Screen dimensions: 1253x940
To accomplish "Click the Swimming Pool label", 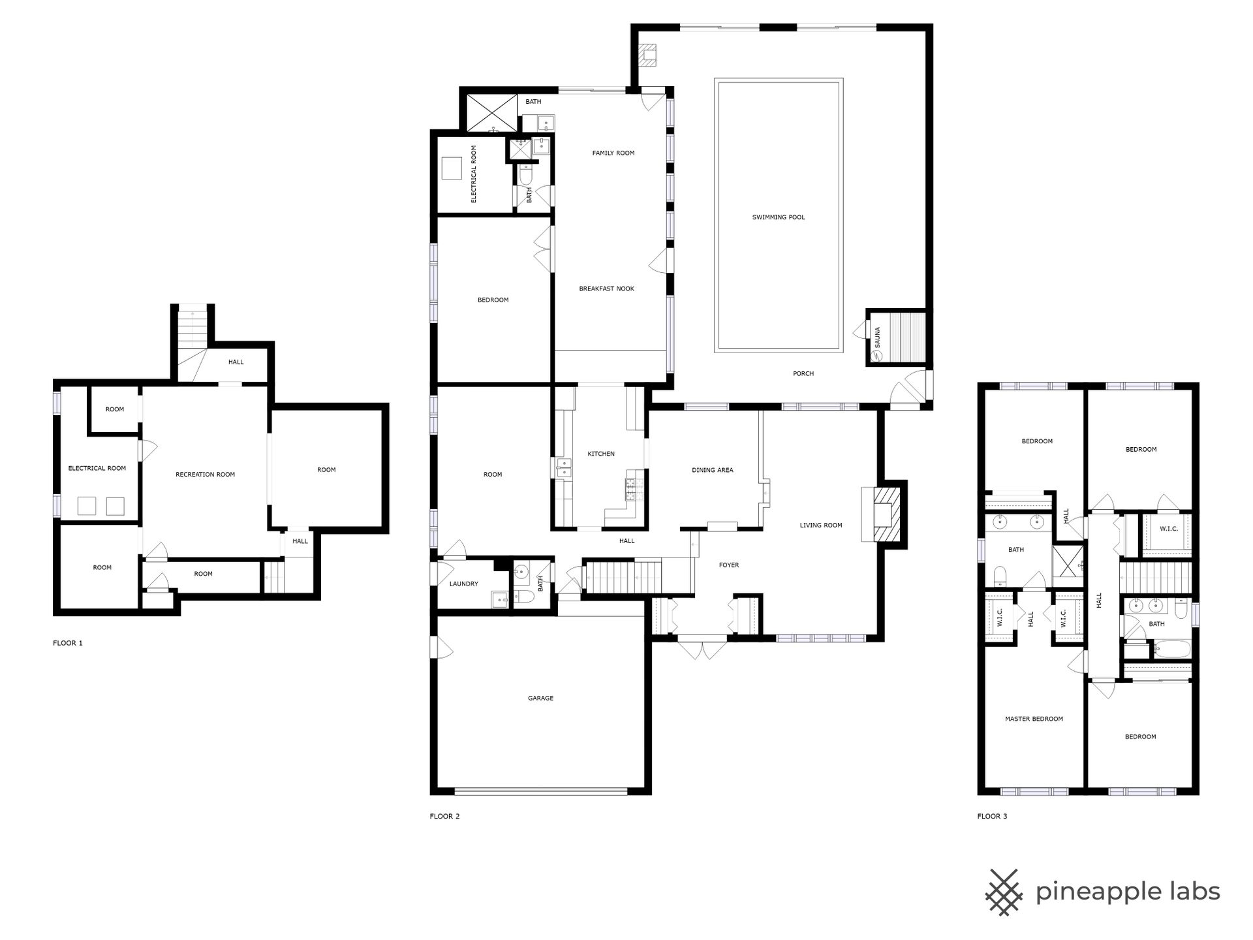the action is coord(779,217).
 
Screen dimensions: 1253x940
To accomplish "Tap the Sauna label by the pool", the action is coord(877,337).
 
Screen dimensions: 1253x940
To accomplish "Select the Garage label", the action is coord(540,698).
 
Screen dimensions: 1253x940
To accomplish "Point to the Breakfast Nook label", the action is coord(606,289).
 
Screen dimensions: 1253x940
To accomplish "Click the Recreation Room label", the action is coord(205,475).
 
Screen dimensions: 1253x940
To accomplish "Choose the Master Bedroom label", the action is coord(1034,719).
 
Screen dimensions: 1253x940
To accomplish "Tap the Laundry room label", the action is coord(463,584).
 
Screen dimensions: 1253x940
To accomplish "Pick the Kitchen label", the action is coord(601,454).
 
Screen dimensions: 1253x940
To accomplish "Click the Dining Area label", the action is coord(712,470).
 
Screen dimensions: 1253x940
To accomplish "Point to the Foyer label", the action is coord(729,565).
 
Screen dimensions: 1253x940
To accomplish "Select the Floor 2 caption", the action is coord(444,816).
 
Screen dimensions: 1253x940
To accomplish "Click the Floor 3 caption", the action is coord(992,816).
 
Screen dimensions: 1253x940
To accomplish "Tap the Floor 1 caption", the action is coord(68,643).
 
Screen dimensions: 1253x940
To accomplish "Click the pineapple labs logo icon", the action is coord(1005,892).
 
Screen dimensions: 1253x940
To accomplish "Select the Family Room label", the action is coord(613,153).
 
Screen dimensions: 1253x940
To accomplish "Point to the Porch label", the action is coord(803,374).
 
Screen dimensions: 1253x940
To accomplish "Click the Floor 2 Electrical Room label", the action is coord(474,174).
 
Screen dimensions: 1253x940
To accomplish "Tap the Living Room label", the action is coord(821,525).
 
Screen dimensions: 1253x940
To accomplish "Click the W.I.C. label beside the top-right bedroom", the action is coord(1169,529).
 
